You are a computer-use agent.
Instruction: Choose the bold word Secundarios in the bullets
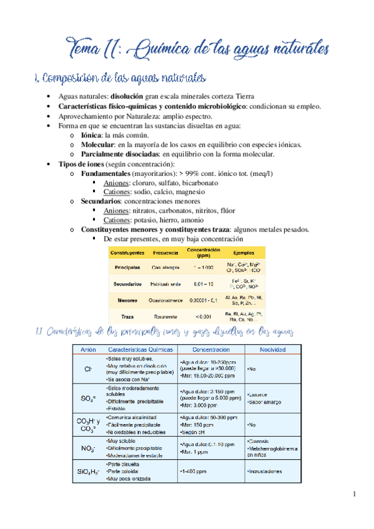tap(101, 201)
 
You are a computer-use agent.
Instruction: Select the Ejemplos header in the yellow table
tap(244, 253)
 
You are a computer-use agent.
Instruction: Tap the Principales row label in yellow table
tap(127, 267)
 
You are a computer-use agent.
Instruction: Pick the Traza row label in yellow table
tap(127, 317)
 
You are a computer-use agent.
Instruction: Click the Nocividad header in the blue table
tap(272, 349)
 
